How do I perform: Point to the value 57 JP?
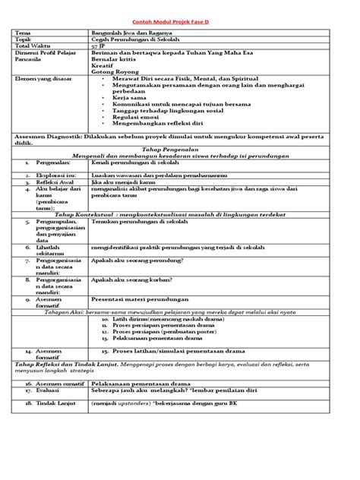(x=99, y=49)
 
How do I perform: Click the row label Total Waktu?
(x=31, y=49)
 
